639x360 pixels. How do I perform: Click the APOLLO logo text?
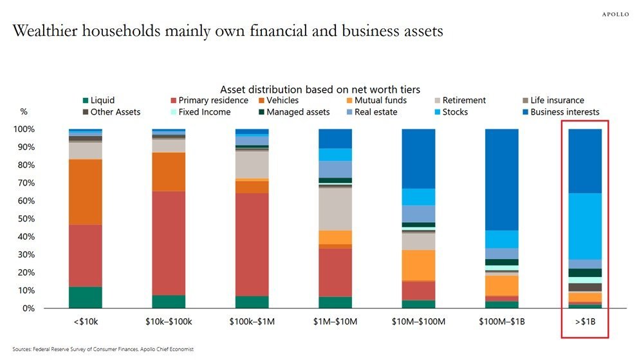615,14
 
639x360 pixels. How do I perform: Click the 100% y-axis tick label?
24,129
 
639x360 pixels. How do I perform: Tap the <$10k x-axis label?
86,321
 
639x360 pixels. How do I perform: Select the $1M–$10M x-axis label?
335,321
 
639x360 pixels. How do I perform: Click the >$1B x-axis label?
584,321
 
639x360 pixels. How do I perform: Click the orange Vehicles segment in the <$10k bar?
86,192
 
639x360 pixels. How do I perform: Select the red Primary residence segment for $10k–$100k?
169,243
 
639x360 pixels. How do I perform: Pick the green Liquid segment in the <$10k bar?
86,297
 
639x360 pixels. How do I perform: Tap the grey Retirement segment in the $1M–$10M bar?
335,209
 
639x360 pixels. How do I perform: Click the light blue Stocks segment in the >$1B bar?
584,226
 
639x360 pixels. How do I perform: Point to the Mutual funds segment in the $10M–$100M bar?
418,265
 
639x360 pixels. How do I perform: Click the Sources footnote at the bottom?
102,349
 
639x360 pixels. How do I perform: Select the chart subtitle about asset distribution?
320,90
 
